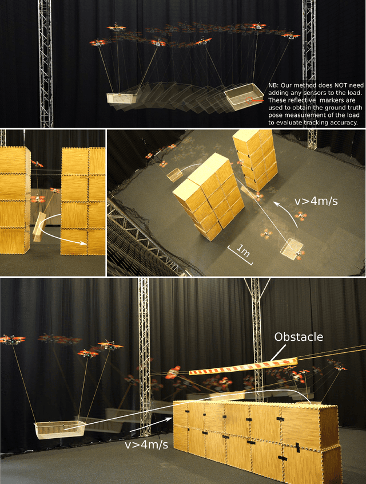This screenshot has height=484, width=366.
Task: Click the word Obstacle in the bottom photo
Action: point(299,337)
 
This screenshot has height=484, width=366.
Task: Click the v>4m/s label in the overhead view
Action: point(316,201)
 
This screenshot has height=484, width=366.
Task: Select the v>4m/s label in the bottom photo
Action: point(146,444)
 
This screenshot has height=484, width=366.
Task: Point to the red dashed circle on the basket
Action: point(249,100)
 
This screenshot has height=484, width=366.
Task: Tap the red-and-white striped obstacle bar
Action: point(243,366)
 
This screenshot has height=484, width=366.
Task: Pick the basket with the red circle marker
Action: point(244,96)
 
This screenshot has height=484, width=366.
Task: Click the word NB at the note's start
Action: point(272,85)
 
